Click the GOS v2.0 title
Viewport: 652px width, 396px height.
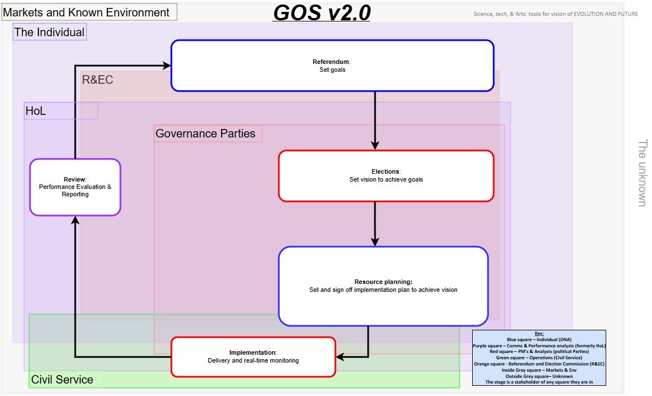click(322, 12)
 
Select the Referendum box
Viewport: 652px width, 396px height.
click(333, 66)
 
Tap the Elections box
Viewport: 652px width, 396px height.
click(386, 176)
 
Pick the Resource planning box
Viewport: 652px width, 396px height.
click(383, 286)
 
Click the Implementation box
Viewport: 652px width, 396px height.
click(253, 357)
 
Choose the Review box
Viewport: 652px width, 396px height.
click(75, 187)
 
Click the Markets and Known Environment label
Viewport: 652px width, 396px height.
click(86, 12)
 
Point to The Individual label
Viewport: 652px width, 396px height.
click(50, 32)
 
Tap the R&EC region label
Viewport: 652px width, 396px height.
click(97, 79)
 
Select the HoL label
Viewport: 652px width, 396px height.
click(36, 111)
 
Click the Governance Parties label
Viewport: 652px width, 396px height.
click(205, 134)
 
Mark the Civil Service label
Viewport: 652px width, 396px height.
click(62, 380)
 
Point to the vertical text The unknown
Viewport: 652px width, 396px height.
click(642, 173)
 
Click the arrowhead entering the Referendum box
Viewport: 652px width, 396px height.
click(167, 65)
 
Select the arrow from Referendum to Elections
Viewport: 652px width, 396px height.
click(375, 120)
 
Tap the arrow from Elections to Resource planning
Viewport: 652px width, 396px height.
click(375, 224)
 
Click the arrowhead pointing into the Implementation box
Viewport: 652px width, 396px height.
click(340, 357)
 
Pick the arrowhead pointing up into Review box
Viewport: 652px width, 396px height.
click(75, 220)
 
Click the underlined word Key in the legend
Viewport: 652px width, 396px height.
click(539, 334)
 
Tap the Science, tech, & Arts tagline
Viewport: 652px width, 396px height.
click(555, 14)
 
